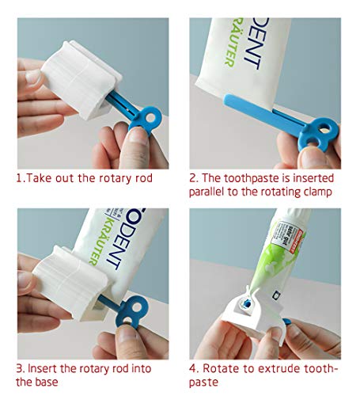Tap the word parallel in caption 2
click(209, 192)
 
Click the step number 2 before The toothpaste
click(192, 178)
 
